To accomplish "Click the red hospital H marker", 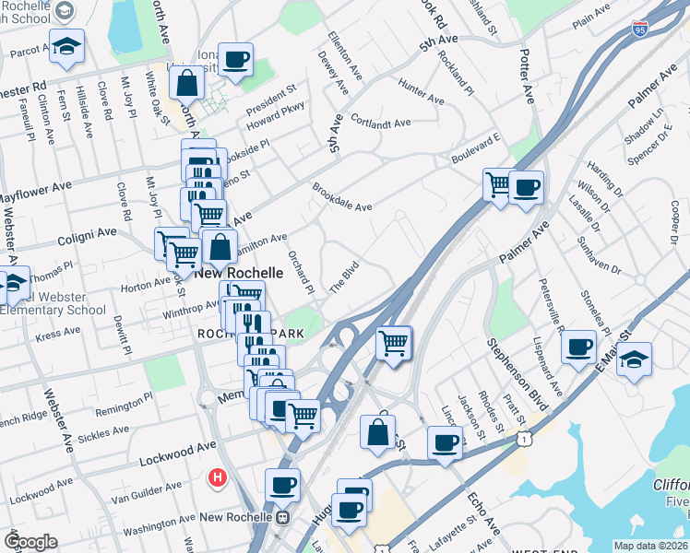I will click(x=218, y=477).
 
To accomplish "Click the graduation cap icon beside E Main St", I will click(x=635, y=359).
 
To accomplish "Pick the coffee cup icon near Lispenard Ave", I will click(x=578, y=347).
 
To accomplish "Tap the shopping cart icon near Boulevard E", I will click(x=498, y=184).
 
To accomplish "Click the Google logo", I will click(x=31, y=541).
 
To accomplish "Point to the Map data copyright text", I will click(x=650, y=546).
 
